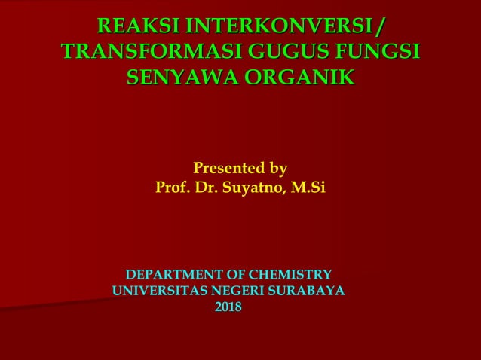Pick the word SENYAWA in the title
coord(179,77)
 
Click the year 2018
coord(228,307)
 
